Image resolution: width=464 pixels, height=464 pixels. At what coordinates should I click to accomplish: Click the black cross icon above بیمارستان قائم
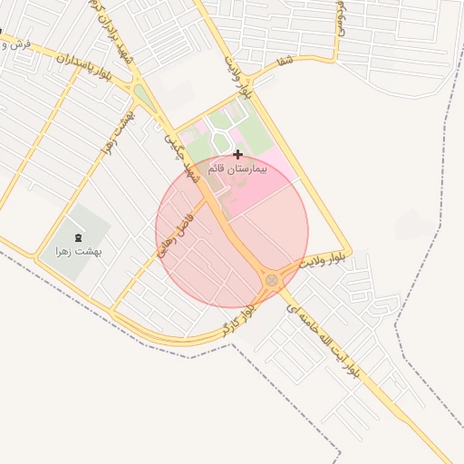point(237,154)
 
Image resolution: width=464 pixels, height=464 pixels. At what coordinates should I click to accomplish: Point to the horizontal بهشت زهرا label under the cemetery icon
point(76,250)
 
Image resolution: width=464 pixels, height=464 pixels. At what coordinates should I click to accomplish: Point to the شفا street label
point(285,62)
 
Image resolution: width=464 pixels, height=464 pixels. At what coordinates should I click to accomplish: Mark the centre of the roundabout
point(272,280)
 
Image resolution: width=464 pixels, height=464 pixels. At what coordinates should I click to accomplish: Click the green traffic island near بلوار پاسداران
point(141,95)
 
